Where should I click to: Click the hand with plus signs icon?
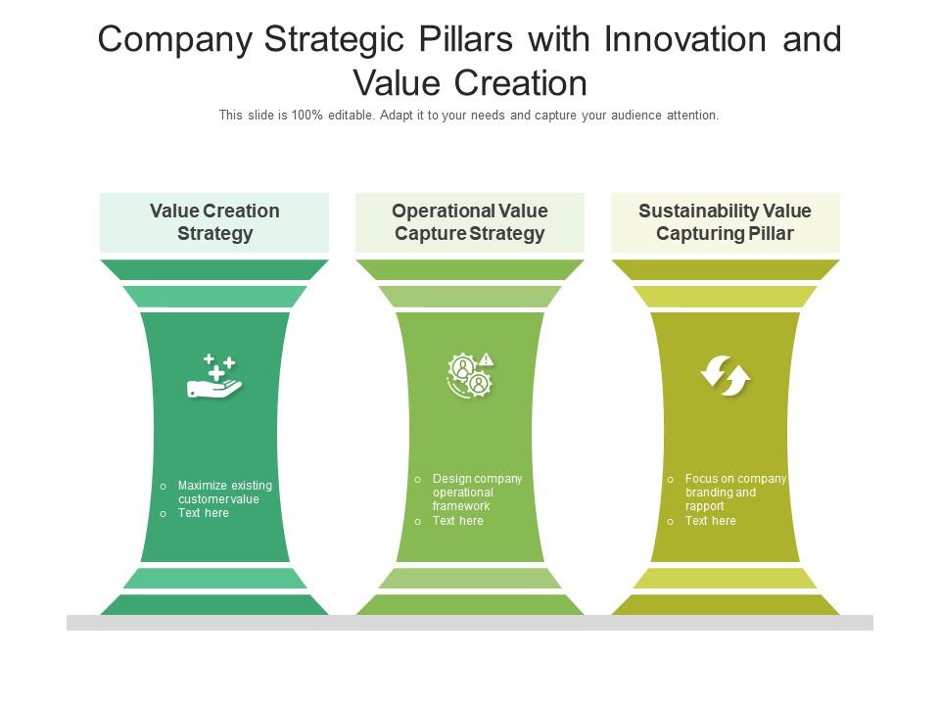click(x=214, y=377)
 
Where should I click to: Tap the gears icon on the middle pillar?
click(x=470, y=374)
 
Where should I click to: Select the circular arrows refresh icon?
click(x=726, y=376)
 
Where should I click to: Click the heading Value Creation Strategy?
click(x=214, y=222)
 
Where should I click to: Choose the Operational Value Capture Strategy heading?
click(x=470, y=222)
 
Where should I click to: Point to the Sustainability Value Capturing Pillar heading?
click(x=726, y=222)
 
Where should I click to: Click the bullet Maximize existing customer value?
click(x=225, y=493)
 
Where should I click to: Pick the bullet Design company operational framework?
click(x=477, y=493)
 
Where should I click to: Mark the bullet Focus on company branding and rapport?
click(x=734, y=493)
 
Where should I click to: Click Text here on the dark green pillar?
click(x=204, y=513)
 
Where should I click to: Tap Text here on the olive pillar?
click(x=711, y=521)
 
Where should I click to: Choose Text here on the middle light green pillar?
click(x=458, y=521)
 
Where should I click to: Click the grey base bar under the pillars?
click(x=470, y=623)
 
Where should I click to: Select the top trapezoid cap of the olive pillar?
click(x=726, y=269)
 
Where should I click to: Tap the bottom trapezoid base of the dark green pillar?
click(x=214, y=604)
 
